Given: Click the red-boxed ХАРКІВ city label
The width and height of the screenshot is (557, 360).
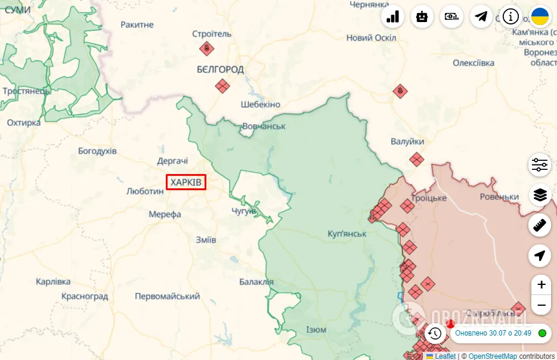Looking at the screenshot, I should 186,182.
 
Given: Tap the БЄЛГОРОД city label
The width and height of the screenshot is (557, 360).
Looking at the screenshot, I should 220,69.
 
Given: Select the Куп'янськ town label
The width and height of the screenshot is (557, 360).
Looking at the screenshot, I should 347,234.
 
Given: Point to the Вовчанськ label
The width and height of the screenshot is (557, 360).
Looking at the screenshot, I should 264,126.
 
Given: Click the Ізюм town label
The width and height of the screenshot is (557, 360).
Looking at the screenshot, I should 316,330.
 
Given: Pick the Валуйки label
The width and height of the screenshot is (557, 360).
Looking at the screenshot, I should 407,141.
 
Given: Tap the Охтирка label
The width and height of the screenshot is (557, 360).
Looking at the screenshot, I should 24,122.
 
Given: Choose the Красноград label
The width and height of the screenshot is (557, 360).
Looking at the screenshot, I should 85,296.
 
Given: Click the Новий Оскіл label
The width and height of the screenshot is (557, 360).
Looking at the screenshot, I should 371,38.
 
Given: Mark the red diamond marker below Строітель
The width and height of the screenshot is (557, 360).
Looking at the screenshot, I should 206,48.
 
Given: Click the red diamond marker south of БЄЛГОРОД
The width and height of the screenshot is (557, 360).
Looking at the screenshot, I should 222,86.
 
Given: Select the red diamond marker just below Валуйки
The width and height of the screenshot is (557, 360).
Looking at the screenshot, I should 416,159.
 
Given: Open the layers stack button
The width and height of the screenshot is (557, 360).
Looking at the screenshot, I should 540,195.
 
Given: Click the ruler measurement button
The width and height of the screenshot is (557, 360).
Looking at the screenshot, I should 540,225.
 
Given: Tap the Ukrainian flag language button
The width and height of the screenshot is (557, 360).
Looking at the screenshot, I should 540,16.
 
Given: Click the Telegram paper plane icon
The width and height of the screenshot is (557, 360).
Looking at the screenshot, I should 481,16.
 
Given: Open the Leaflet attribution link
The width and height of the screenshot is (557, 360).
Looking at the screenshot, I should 444,356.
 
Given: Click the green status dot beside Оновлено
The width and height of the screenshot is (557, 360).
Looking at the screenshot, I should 542,333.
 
